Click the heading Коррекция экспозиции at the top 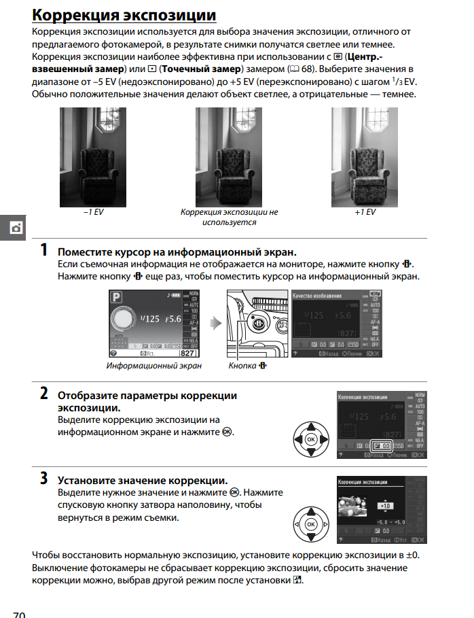coord(125,15)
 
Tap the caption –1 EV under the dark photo coord(93,212)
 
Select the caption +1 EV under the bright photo coord(365,212)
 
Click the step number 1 coord(43,250)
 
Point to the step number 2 coord(43,393)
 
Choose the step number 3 coord(43,478)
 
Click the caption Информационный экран coord(154,365)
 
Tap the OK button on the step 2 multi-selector coord(310,440)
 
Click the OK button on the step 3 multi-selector coord(310,525)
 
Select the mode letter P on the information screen coord(116,296)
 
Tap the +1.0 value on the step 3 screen coord(385,507)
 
